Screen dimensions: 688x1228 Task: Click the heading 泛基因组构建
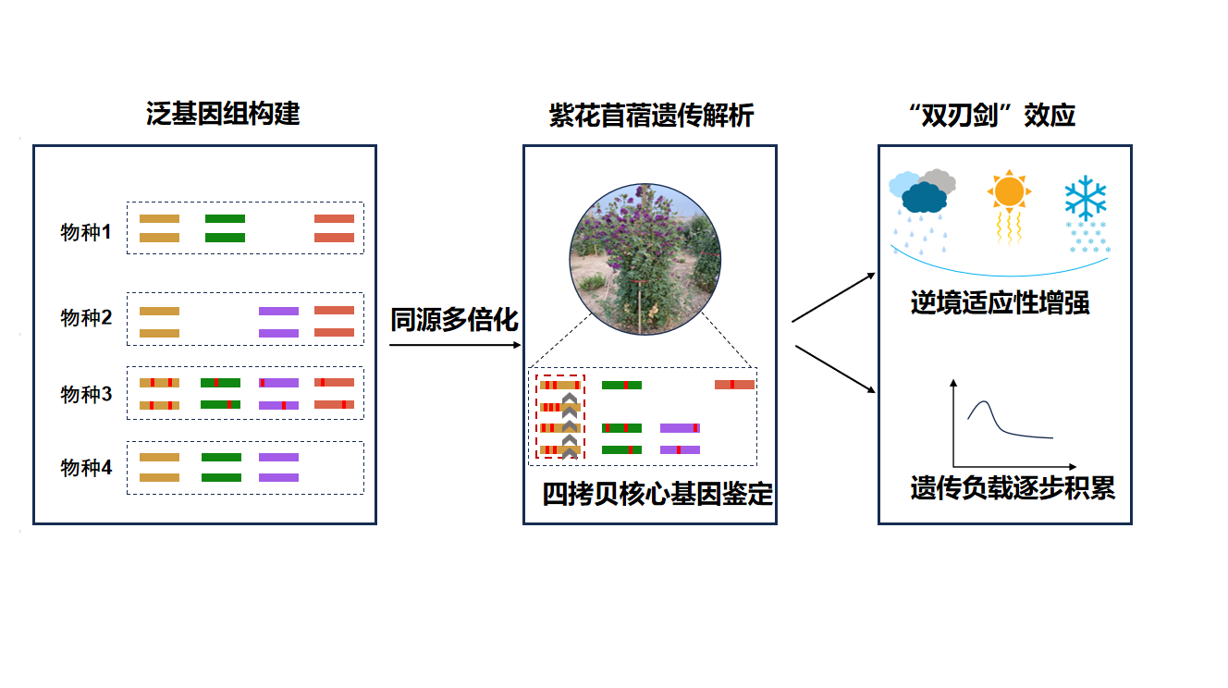pyautogui.click(x=223, y=114)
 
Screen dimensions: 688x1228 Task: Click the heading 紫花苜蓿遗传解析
pyautogui.click(x=651, y=116)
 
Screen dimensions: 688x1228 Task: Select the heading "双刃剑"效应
pyautogui.click(x=992, y=116)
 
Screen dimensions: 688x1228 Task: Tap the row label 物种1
pyautogui.click(x=86, y=232)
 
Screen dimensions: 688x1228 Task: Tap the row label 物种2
pyautogui.click(x=86, y=318)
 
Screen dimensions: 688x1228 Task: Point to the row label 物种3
pyautogui.click(x=86, y=395)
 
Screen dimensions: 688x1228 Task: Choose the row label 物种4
pyautogui.click(x=86, y=468)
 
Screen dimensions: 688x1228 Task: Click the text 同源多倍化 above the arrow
pyautogui.click(x=454, y=320)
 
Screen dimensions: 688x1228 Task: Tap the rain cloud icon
pyautogui.click(x=922, y=195)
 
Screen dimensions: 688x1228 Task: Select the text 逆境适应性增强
pyautogui.click(x=1000, y=303)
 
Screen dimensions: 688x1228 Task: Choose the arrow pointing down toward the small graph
pyautogui.click(x=836, y=370)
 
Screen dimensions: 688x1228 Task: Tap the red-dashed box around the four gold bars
pyautogui.click(x=559, y=416)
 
